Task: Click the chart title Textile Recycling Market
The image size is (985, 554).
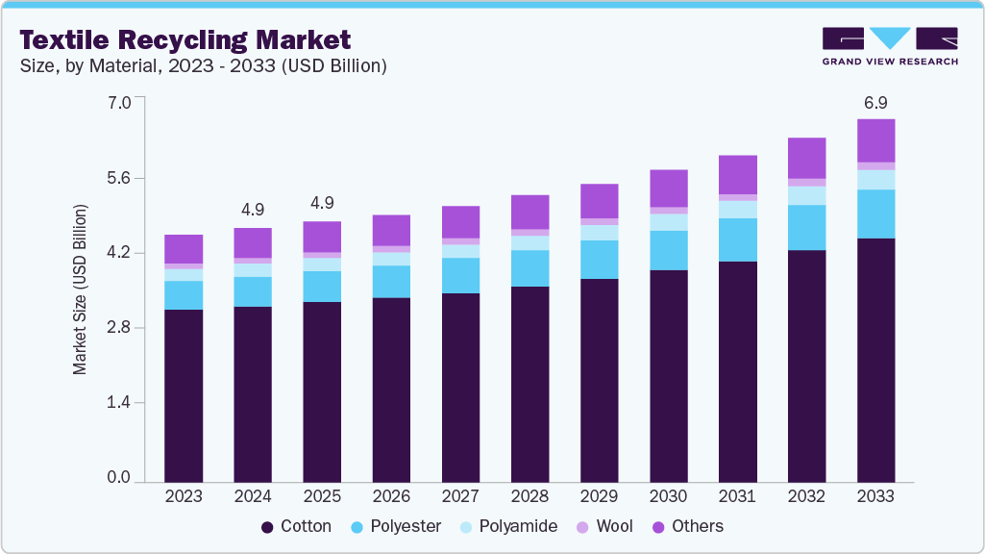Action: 185,40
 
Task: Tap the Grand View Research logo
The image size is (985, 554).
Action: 889,46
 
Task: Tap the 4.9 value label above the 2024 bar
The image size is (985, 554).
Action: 253,209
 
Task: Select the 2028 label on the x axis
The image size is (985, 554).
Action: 529,496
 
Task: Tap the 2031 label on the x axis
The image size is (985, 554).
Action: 737,496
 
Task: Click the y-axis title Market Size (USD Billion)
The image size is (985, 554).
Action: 81,290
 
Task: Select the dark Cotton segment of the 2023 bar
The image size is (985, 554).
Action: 184,394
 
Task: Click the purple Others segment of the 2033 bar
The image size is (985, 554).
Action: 875,140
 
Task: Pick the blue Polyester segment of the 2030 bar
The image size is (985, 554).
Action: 668,250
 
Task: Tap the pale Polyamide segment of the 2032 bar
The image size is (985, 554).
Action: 806,195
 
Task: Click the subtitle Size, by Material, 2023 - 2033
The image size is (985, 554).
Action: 204,66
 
